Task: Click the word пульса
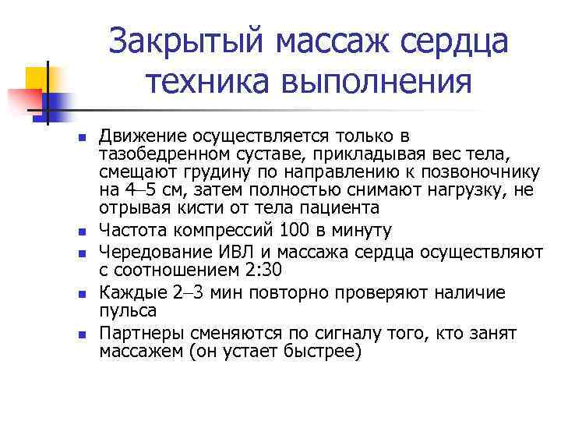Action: [x=128, y=310]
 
